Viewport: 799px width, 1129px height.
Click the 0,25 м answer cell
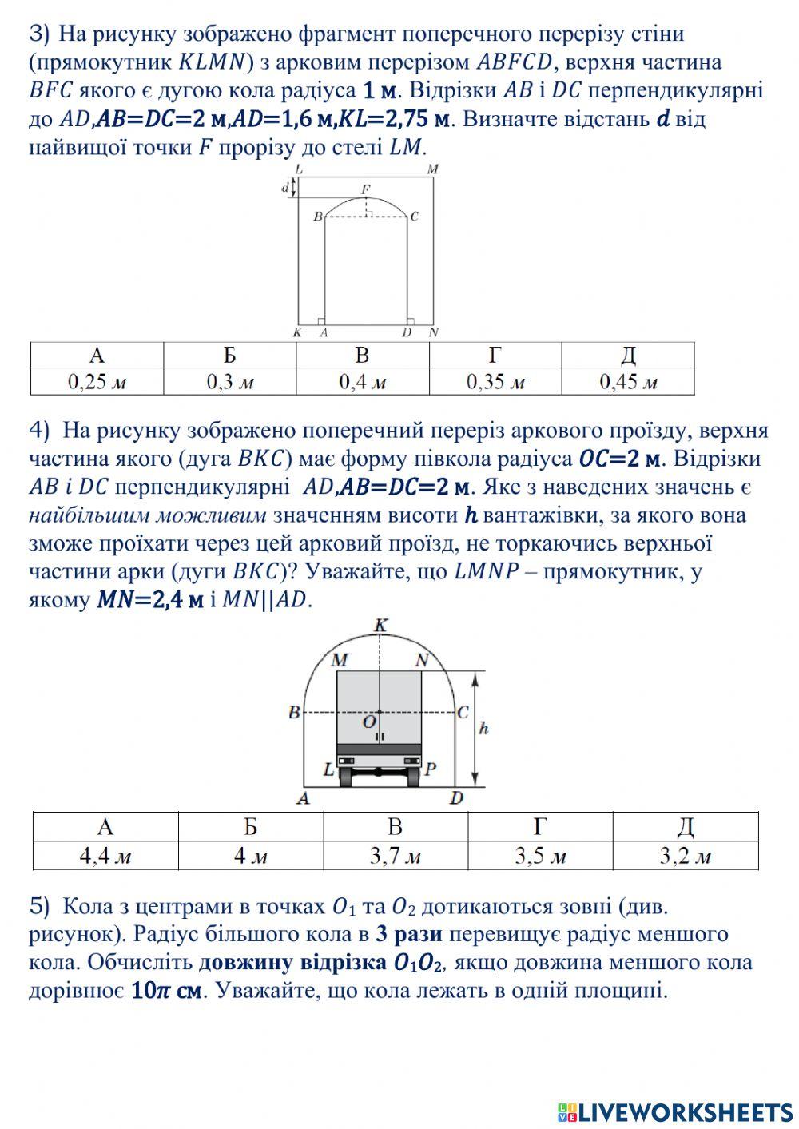pyautogui.click(x=97, y=382)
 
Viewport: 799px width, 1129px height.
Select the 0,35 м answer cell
pyautogui.click(x=495, y=382)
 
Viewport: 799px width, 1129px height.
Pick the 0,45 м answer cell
pyautogui.click(x=628, y=382)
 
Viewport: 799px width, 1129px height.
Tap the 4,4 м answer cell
pyautogui.click(x=105, y=857)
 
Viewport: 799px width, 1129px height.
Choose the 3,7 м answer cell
pyautogui.click(x=396, y=857)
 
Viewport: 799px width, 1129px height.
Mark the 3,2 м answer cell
pyautogui.click(x=686, y=857)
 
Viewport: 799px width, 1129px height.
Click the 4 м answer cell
pyautogui.click(x=251, y=857)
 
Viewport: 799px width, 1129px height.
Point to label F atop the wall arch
pyautogui.click(x=365, y=189)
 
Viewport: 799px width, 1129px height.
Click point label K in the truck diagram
pyautogui.click(x=380, y=625)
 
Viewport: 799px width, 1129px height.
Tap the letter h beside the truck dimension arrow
pyautogui.click(x=483, y=728)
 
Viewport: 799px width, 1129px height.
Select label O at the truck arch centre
pyautogui.click(x=368, y=722)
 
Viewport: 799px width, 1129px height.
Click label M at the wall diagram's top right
pyautogui.click(x=432, y=169)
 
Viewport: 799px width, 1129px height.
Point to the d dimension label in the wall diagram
pyautogui.click(x=284, y=188)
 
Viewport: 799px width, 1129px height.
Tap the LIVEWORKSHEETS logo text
pyautogui.click(x=686, y=1111)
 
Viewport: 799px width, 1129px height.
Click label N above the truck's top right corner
pyautogui.click(x=423, y=660)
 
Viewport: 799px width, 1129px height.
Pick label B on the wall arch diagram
pyautogui.click(x=317, y=217)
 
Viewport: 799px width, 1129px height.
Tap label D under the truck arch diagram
pyautogui.click(x=456, y=797)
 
